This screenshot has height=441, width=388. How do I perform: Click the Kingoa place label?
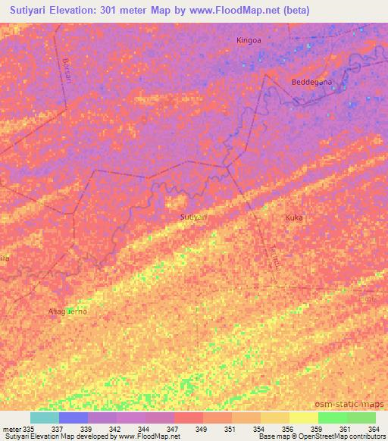coord(249,40)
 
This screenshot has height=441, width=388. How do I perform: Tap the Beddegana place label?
coord(308,82)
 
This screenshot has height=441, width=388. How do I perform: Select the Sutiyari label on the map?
coord(194,217)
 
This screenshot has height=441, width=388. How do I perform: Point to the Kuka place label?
coord(294,217)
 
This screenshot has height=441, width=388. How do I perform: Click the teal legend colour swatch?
coord(45,418)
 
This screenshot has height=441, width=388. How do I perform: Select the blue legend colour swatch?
coord(74,418)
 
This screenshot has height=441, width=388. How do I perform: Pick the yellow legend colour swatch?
coord(303,418)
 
